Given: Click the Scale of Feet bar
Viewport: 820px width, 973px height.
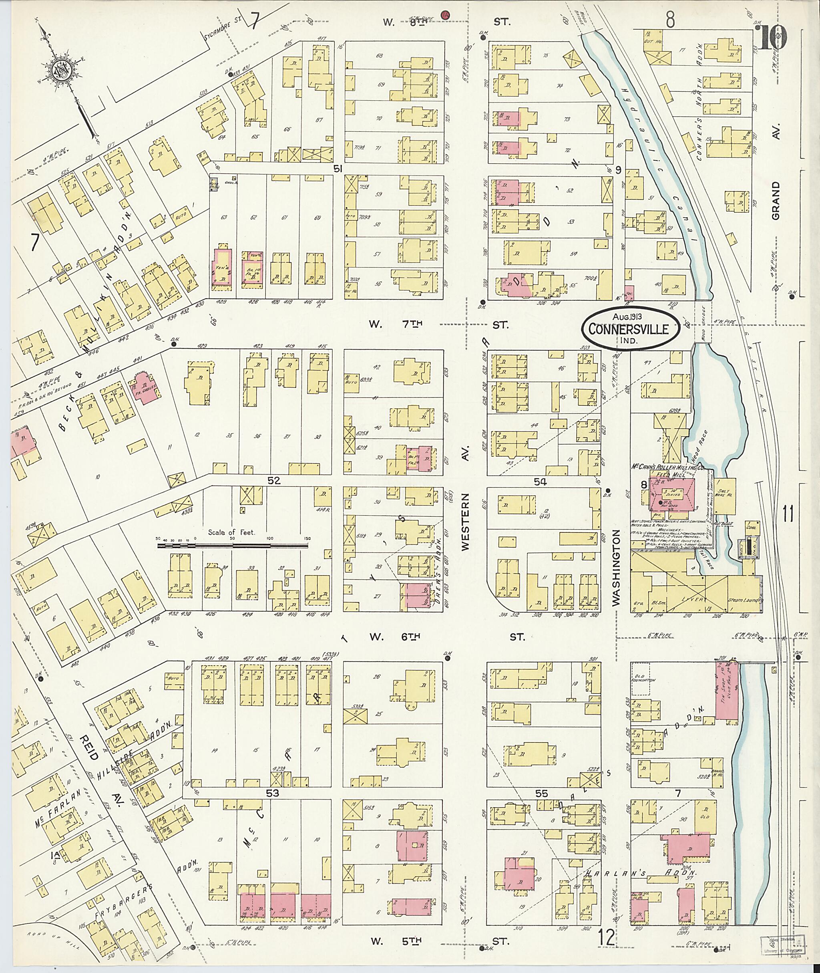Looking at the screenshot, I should click(x=232, y=544).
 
